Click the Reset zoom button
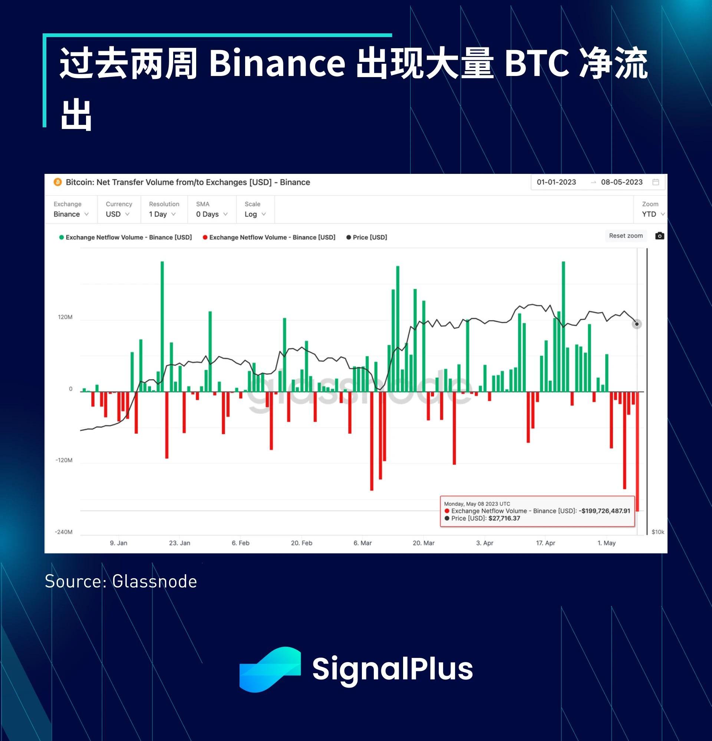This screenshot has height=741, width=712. tap(626, 235)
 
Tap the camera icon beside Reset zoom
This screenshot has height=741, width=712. tap(659, 235)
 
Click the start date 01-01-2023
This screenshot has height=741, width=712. tap(556, 182)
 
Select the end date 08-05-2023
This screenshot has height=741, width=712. tap(622, 182)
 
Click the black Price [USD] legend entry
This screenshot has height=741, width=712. tap(367, 237)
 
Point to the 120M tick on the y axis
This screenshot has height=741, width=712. tap(65, 317)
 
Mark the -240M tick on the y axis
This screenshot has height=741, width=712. tap(63, 532)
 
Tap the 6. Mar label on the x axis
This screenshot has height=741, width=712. tap(363, 543)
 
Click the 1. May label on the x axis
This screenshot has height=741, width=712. tap(607, 543)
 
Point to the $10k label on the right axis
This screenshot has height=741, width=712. tap(658, 532)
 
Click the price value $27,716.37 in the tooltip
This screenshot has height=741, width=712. tap(504, 518)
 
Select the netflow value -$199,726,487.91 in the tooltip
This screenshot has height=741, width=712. tap(604, 511)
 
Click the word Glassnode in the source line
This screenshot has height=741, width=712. tap(155, 582)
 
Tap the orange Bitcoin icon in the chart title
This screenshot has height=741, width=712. tap(58, 182)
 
